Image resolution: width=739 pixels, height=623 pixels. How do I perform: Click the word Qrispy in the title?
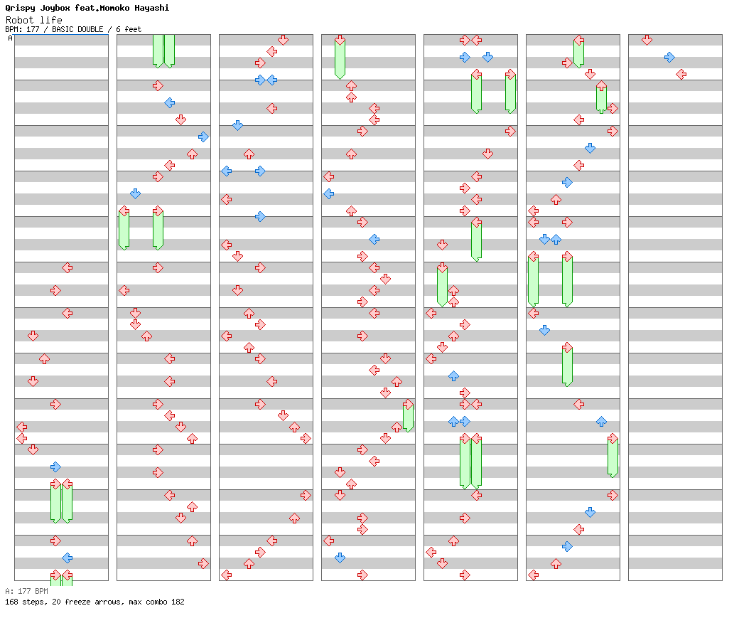(20, 8)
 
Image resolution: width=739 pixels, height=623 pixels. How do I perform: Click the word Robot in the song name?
(20, 20)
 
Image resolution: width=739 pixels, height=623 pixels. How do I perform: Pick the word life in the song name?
(52, 20)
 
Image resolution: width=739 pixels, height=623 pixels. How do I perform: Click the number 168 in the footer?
(11, 602)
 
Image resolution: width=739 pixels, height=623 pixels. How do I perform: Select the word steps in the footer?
(32, 602)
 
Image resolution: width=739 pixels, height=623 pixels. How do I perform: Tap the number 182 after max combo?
(177, 602)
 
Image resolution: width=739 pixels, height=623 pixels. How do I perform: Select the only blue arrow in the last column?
(669, 57)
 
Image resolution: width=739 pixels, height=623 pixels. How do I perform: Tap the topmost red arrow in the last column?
(647, 40)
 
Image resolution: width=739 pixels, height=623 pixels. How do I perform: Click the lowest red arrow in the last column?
(681, 74)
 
